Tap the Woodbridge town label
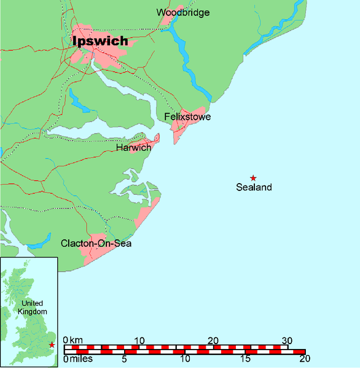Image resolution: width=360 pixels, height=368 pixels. point(182,12)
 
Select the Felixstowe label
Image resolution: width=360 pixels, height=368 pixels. point(187,116)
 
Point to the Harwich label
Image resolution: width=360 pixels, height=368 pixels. point(133,147)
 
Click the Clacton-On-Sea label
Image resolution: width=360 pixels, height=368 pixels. point(96,244)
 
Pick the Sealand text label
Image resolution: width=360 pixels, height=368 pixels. point(254,187)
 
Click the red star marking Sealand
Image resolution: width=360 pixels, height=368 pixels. point(253,178)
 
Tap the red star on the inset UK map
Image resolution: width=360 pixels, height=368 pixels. point(52,345)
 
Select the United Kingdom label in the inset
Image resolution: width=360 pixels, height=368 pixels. point(32,308)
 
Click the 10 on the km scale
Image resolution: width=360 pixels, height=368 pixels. point(139,340)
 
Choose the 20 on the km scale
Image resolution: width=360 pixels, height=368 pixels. point(213,340)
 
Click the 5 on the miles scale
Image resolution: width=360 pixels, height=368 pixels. point(125,359)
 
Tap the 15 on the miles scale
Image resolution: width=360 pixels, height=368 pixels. point(245,359)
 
